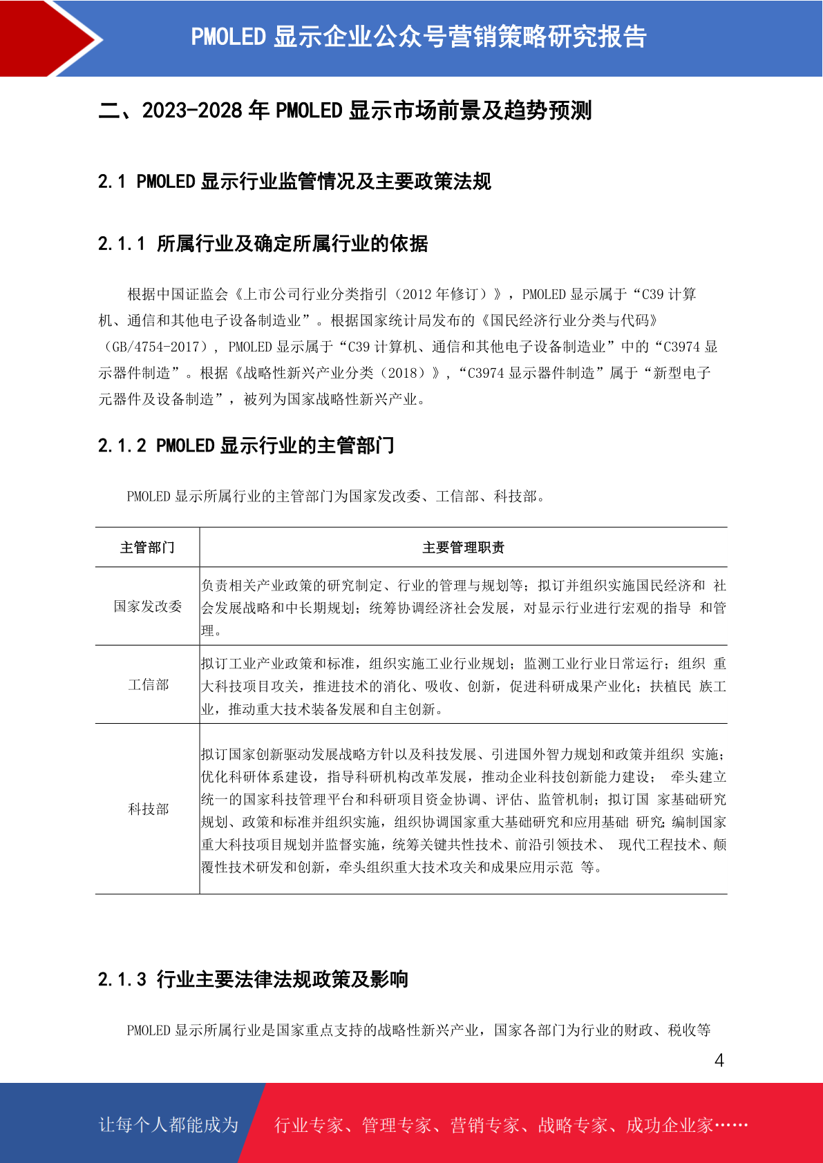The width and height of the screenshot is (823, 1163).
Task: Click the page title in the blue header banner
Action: point(418,37)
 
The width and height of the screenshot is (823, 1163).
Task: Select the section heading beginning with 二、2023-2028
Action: point(345,110)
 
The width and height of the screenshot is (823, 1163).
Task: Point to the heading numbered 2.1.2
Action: point(246,446)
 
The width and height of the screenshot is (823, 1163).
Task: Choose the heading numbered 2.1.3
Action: point(253,979)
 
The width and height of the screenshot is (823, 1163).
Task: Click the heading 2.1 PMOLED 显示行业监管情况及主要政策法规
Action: point(294,182)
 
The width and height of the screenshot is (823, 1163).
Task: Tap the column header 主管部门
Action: point(147,548)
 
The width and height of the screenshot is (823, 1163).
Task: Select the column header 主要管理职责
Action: point(463,548)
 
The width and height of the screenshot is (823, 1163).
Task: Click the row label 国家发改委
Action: point(148,606)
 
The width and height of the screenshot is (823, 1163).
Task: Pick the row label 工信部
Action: point(148,684)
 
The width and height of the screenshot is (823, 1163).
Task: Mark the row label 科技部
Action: point(148,809)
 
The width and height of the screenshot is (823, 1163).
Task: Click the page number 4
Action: point(719,1060)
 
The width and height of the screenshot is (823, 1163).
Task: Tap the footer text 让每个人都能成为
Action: point(169,1124)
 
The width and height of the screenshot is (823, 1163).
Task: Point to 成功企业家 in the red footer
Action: point(669,1125)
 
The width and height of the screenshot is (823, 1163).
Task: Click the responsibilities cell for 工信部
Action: point(463,686)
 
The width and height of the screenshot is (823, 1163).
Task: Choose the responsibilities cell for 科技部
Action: point(463,810)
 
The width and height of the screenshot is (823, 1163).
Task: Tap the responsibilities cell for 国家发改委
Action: point(463,608)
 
